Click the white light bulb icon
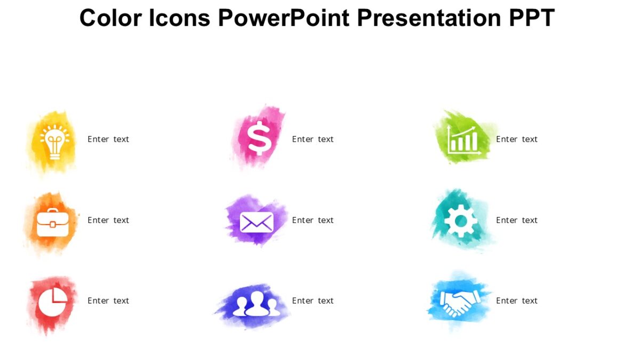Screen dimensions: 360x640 54,141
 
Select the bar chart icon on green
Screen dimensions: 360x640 463,140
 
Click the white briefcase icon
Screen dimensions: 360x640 52,222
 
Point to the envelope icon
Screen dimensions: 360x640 257,222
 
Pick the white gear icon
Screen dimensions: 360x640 460,221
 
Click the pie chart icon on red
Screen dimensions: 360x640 52,302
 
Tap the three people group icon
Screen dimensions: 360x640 256,303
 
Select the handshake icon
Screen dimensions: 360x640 459,302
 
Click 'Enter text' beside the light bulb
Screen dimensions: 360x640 108,139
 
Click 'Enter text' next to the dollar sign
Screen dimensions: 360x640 313,139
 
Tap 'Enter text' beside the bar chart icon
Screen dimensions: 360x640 516,139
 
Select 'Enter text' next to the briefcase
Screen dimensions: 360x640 108,220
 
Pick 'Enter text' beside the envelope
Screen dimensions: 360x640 313,220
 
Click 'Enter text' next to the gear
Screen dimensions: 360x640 516,220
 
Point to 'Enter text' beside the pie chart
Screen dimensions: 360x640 108,301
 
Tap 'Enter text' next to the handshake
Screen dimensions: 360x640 516,301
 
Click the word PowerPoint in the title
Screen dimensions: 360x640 284,18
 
